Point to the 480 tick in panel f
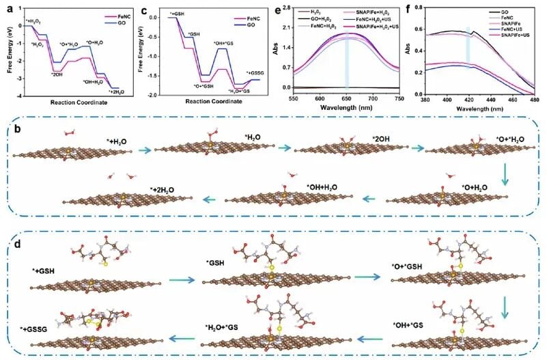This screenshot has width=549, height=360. pyautogui.click(x=531, y=98)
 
